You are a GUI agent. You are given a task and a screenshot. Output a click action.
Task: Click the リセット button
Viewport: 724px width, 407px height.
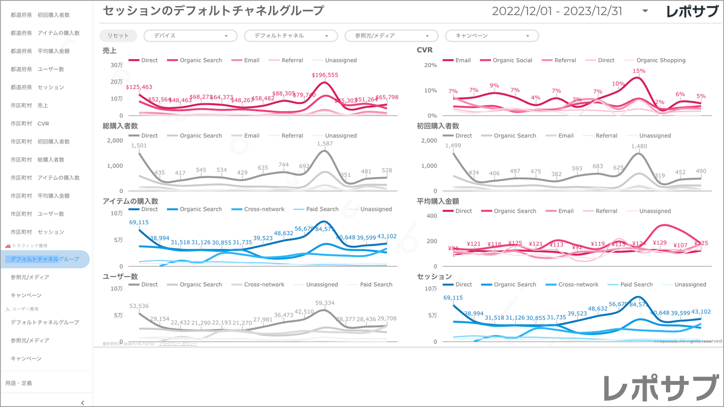pos(118,36)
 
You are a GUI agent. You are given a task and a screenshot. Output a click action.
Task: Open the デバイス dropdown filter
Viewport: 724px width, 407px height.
pos(190,36)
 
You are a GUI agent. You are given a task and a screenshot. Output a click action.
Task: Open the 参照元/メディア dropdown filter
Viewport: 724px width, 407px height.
pos(391,36)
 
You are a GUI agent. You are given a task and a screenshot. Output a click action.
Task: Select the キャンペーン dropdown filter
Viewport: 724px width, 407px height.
pos(492,36)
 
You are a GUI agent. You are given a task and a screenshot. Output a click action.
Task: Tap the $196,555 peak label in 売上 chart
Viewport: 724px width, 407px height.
pos(325,75)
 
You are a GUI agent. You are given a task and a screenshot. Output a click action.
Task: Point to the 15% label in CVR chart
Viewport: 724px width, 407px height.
pos(639,71)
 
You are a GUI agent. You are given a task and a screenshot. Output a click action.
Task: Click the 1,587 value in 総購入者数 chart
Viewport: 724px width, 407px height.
pos(325,144)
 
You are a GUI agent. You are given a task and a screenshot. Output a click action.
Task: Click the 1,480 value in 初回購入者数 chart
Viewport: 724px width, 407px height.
pos(639,146)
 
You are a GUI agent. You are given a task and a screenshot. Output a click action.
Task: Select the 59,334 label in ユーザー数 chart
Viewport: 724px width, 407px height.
pos(325,303)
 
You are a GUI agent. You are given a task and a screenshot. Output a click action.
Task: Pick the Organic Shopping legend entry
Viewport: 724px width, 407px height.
pos(660,60)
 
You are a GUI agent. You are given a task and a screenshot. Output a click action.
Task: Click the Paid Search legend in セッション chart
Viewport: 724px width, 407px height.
pos(636,284)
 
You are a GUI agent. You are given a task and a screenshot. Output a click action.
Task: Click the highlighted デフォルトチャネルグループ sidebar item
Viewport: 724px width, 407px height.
pos(45,259)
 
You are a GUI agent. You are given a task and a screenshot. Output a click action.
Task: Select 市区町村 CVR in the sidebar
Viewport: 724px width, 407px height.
pos(30,124)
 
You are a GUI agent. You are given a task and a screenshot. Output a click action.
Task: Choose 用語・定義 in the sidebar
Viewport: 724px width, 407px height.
pos(19,383)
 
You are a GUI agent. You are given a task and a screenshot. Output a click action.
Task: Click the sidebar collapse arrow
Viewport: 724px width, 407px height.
pos(83,402)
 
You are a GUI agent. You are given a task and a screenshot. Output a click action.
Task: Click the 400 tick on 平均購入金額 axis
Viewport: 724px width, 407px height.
pos(431,216)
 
